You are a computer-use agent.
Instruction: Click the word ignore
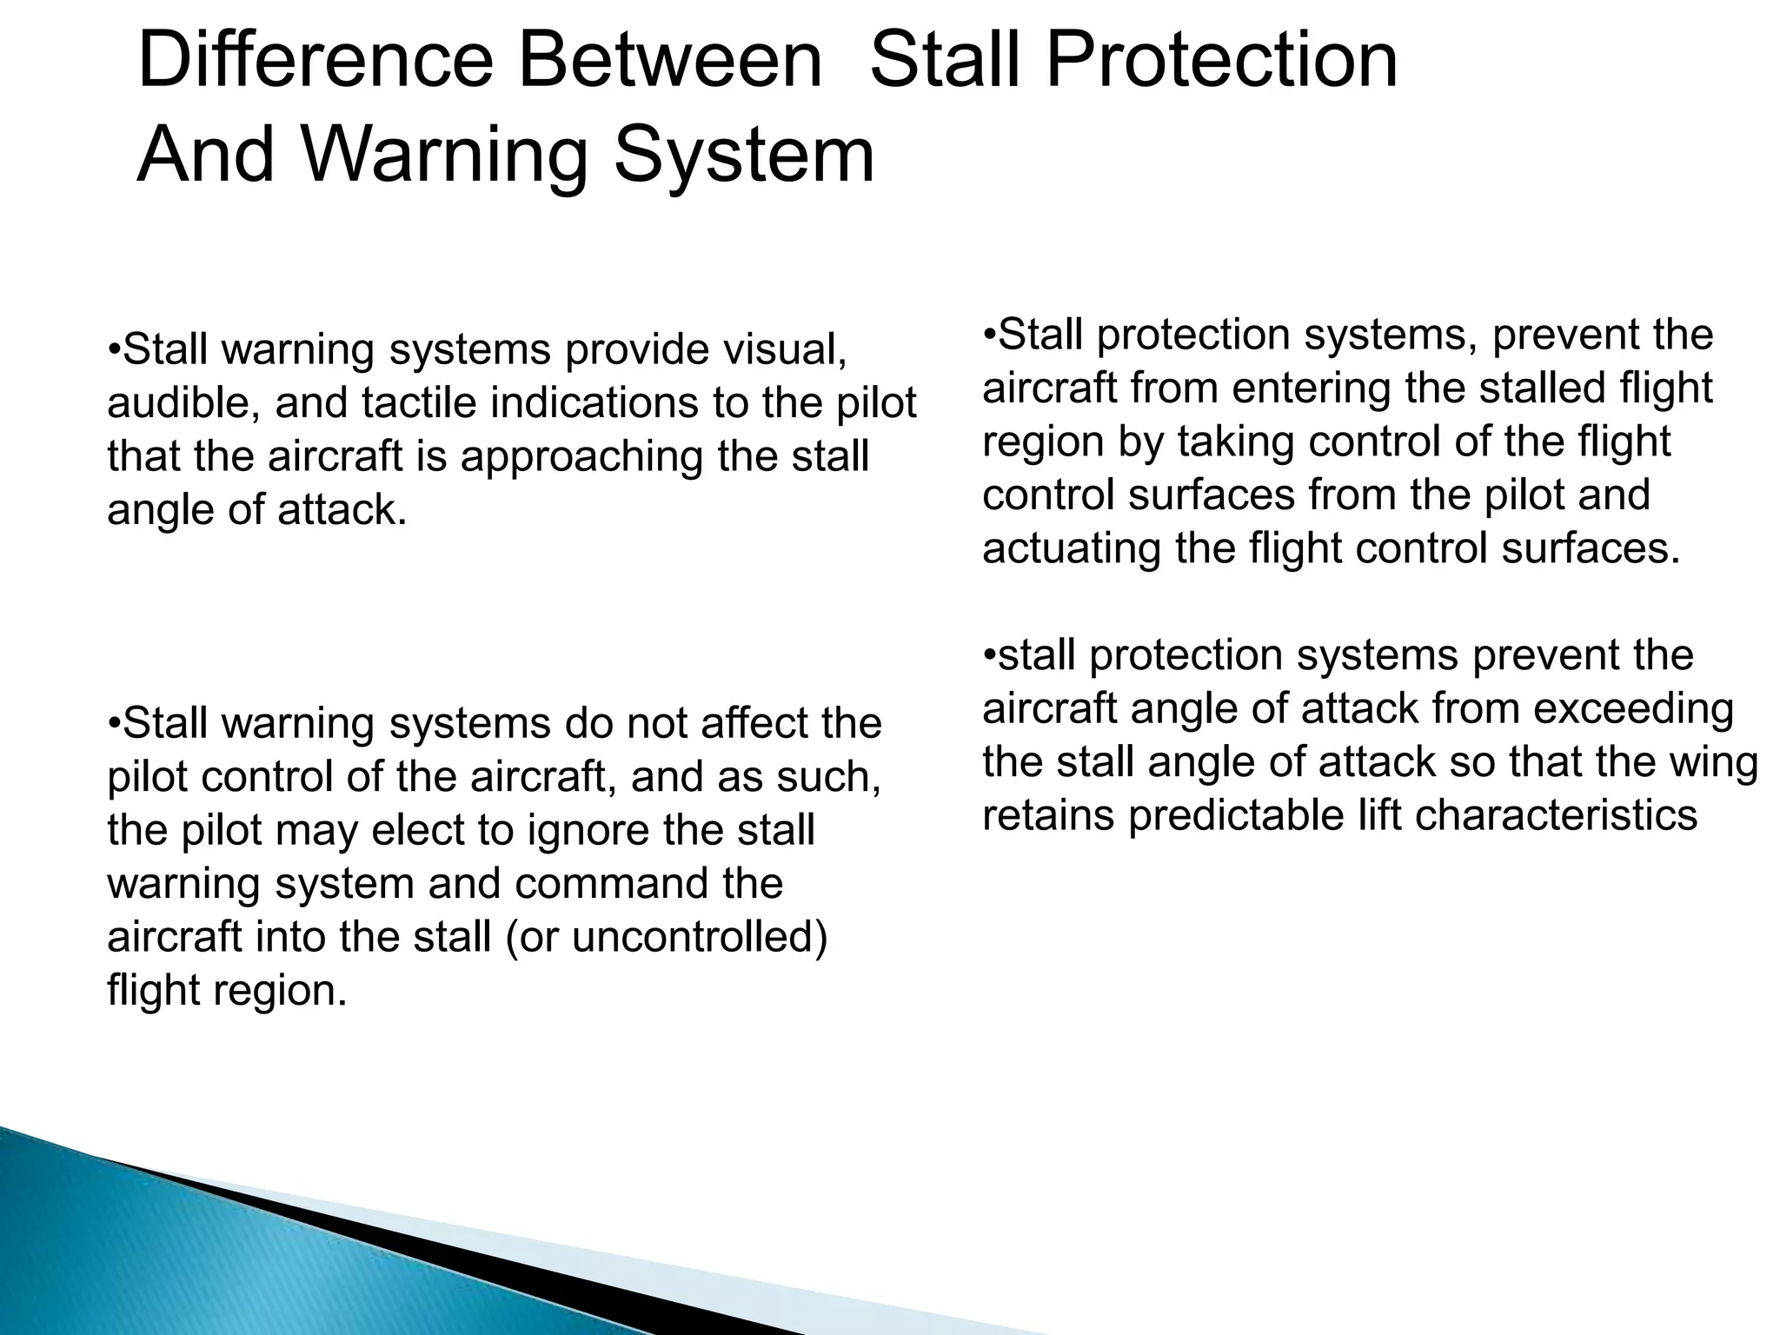[x=589, y=830]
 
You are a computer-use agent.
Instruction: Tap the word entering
[x=1312, y=389]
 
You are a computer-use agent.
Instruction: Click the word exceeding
[x=1633, y=709]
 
